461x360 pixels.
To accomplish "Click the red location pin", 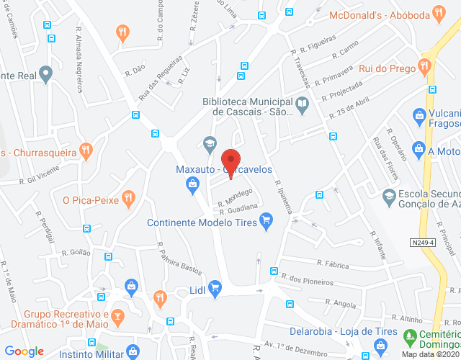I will (230, 160).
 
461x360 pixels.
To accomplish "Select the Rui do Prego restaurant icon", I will (424, 68).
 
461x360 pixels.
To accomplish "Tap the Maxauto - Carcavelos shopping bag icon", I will (193, 186).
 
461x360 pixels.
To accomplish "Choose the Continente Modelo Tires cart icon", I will (266, 218).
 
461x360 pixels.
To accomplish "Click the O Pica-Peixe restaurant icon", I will (128, 197).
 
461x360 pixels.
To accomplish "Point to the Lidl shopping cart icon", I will (215, 288).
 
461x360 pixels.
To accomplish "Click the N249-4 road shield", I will (424, 243).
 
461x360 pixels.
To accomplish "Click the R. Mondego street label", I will (236, 197).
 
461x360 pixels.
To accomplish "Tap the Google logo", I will (24, 351).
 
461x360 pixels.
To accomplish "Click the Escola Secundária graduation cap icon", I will (389, 196).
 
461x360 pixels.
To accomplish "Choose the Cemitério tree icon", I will (410, 336).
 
